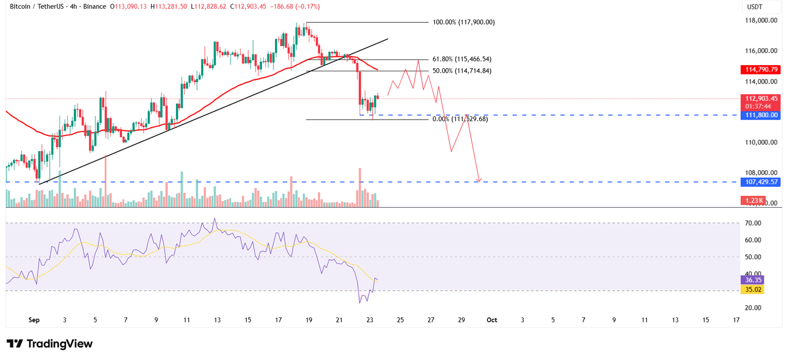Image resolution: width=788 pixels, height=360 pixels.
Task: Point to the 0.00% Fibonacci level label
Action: tap(460, 119)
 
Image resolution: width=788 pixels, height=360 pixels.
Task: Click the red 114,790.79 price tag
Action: tap(760, 69)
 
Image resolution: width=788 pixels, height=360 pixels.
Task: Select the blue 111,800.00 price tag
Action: tap(760, 115)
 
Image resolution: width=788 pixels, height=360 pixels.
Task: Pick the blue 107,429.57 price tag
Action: tap(760, 182)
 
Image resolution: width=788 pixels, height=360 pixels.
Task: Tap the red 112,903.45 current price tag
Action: tap(760, 99)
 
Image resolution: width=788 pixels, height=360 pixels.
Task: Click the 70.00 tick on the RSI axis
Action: tap(753, 223)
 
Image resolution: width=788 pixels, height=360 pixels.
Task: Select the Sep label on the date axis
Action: tap(34, 320)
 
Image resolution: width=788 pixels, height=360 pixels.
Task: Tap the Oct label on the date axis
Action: tap(491, 320)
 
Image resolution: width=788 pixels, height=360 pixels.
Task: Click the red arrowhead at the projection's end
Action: tap(479, 179)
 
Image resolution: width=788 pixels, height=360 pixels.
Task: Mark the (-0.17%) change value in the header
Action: tap(307, 7)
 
